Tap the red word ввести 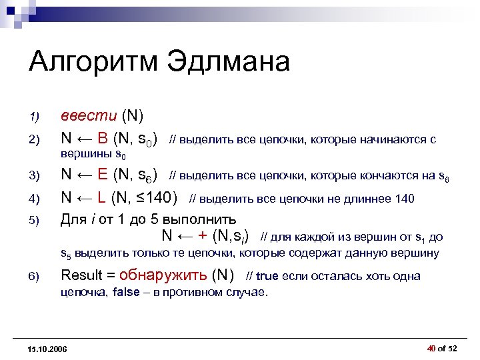click(90, 116)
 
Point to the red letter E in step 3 click(102, 176)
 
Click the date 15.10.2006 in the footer click(48, 349)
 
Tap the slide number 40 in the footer click(431, 348)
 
